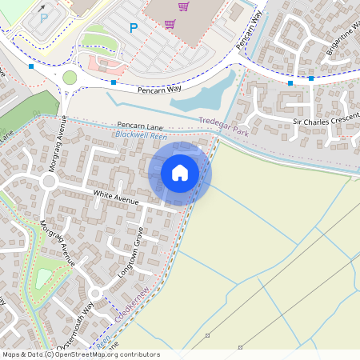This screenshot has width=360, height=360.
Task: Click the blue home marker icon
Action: point(180,173)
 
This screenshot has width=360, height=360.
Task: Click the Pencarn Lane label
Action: point(140,126)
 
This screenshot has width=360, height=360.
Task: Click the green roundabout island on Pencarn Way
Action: point(70,78)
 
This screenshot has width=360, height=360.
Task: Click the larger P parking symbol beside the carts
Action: point(134,29)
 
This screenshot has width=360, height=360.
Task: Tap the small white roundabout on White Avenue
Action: point(49,182)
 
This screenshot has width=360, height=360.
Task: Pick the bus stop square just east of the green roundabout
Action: point(114,82)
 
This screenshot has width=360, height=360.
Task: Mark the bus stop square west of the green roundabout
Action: point(31,66)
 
